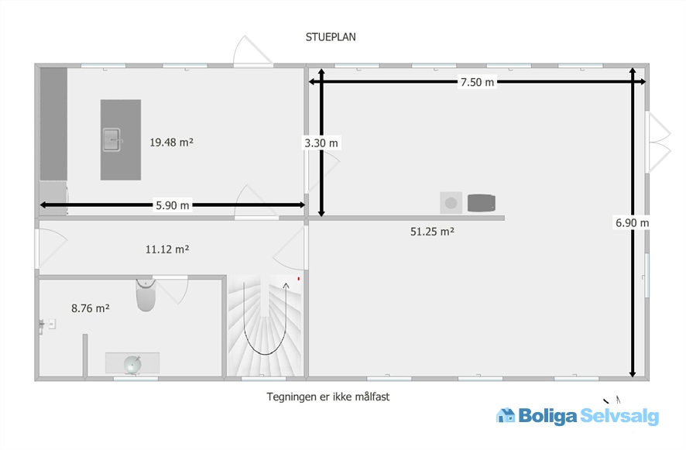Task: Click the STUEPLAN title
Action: pyautogui.click(x=331, y=37)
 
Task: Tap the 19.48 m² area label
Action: pyautogui.click(x=172, y=143)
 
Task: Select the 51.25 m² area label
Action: pyautogui.click(x=432, y=232)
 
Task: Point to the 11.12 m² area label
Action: pyautogui.click(x=167, y=249)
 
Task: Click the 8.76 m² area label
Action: pyautogui.click(x=90, y=308)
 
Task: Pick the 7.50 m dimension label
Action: pyautogui.click(x=477, y=82)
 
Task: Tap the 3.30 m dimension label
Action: pyautogui.click(x=321, y=143)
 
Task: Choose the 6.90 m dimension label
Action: pyautogui.click(x=632, y=223)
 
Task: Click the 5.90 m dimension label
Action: pyautogui.click(x=173, y=205)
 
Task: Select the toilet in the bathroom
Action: pyautogui.click(x=146, y=294)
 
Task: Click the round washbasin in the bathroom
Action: pyautogui.click(x=132, y=365)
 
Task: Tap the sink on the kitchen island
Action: pyautogui.click(x=112, y=139)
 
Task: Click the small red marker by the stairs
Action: pyautogui.click(x=299, y=278)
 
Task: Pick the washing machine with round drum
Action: pyautogui.click(x=451, y=203)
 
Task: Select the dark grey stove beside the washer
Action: pyautogui.click(x=482, y=203)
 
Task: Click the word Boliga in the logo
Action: pyautogui.click(x=547, y=416)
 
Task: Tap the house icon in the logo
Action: pyautogui.click(x=506, y=415)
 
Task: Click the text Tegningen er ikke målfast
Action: pyautogui.click(x=328, y=397)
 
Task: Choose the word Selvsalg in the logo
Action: pyautogui.click(x=619, y=416)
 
